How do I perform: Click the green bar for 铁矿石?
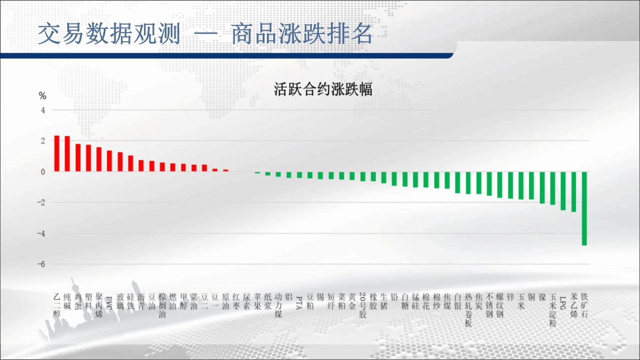tap(584, 209)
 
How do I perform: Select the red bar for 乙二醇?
tap(57, 154)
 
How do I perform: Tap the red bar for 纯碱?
tap(67, 154)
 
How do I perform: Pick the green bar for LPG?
tap(563, 191)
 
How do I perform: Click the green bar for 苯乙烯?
tap(574, 192)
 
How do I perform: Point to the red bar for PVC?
tap(109, 161)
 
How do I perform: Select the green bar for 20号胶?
tap(363, 176)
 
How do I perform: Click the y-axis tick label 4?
tap(43, 110)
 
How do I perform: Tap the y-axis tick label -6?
tap(41, 264)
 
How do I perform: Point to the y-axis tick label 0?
tap(43, 172)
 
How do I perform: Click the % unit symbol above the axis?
tap(43, 96)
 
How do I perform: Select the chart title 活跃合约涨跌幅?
tap(323, 89)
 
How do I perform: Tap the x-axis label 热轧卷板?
tap(468, 310)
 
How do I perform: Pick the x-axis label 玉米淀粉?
tap(553, 310)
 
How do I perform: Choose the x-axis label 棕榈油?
tap(162, 305)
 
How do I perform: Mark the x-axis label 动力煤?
tap(278, 305)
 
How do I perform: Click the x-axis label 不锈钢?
tap(489, 305)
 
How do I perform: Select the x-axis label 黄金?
tap(352, 301)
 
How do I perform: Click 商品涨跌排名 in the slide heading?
tap(302, 34)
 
